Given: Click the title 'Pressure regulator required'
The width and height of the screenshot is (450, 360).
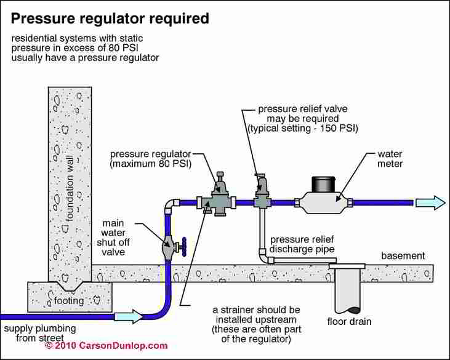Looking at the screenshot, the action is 110,19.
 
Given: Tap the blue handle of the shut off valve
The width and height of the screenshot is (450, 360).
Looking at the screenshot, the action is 184,247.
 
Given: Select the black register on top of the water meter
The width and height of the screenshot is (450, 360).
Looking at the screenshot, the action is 323,185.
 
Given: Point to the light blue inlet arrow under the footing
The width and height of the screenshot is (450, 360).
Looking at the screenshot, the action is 129,317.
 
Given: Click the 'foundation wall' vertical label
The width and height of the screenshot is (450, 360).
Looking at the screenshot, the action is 70,188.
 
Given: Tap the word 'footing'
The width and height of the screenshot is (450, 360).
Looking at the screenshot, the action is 69,300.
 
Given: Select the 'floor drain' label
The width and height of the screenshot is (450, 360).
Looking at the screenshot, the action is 349,321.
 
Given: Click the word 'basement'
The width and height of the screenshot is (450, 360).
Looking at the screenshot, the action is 403,255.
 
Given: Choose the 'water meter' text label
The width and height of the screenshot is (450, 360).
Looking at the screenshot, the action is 390,159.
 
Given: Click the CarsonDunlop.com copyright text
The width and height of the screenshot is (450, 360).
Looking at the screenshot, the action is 106,345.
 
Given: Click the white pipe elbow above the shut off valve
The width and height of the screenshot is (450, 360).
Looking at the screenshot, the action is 171,206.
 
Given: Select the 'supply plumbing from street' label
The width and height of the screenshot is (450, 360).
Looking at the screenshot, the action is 40,333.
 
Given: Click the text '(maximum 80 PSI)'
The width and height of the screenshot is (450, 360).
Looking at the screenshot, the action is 151,164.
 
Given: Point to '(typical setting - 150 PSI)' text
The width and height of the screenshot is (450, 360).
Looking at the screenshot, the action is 303,128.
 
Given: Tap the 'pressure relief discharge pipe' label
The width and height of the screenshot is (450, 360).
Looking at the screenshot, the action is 302,244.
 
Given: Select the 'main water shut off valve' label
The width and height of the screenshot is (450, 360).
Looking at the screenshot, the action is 113,238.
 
